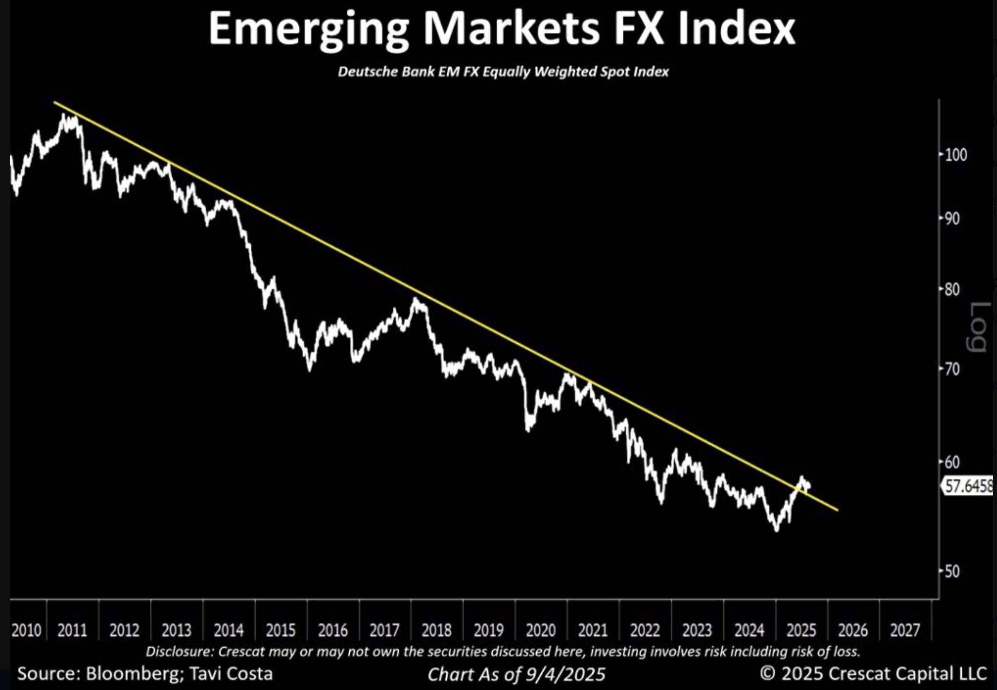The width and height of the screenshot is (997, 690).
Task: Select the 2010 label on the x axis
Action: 26,631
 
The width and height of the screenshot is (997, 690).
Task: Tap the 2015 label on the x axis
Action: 280,631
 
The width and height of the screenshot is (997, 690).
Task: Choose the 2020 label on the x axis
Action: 540,631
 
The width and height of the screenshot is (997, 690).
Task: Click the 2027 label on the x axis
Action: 905,631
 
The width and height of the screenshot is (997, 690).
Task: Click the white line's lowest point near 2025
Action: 776,530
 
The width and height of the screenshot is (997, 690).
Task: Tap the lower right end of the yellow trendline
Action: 838,510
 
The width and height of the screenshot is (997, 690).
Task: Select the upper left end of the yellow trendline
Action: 55,102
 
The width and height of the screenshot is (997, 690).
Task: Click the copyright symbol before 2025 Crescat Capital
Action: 767,673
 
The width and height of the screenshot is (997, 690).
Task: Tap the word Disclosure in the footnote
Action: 179,651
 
